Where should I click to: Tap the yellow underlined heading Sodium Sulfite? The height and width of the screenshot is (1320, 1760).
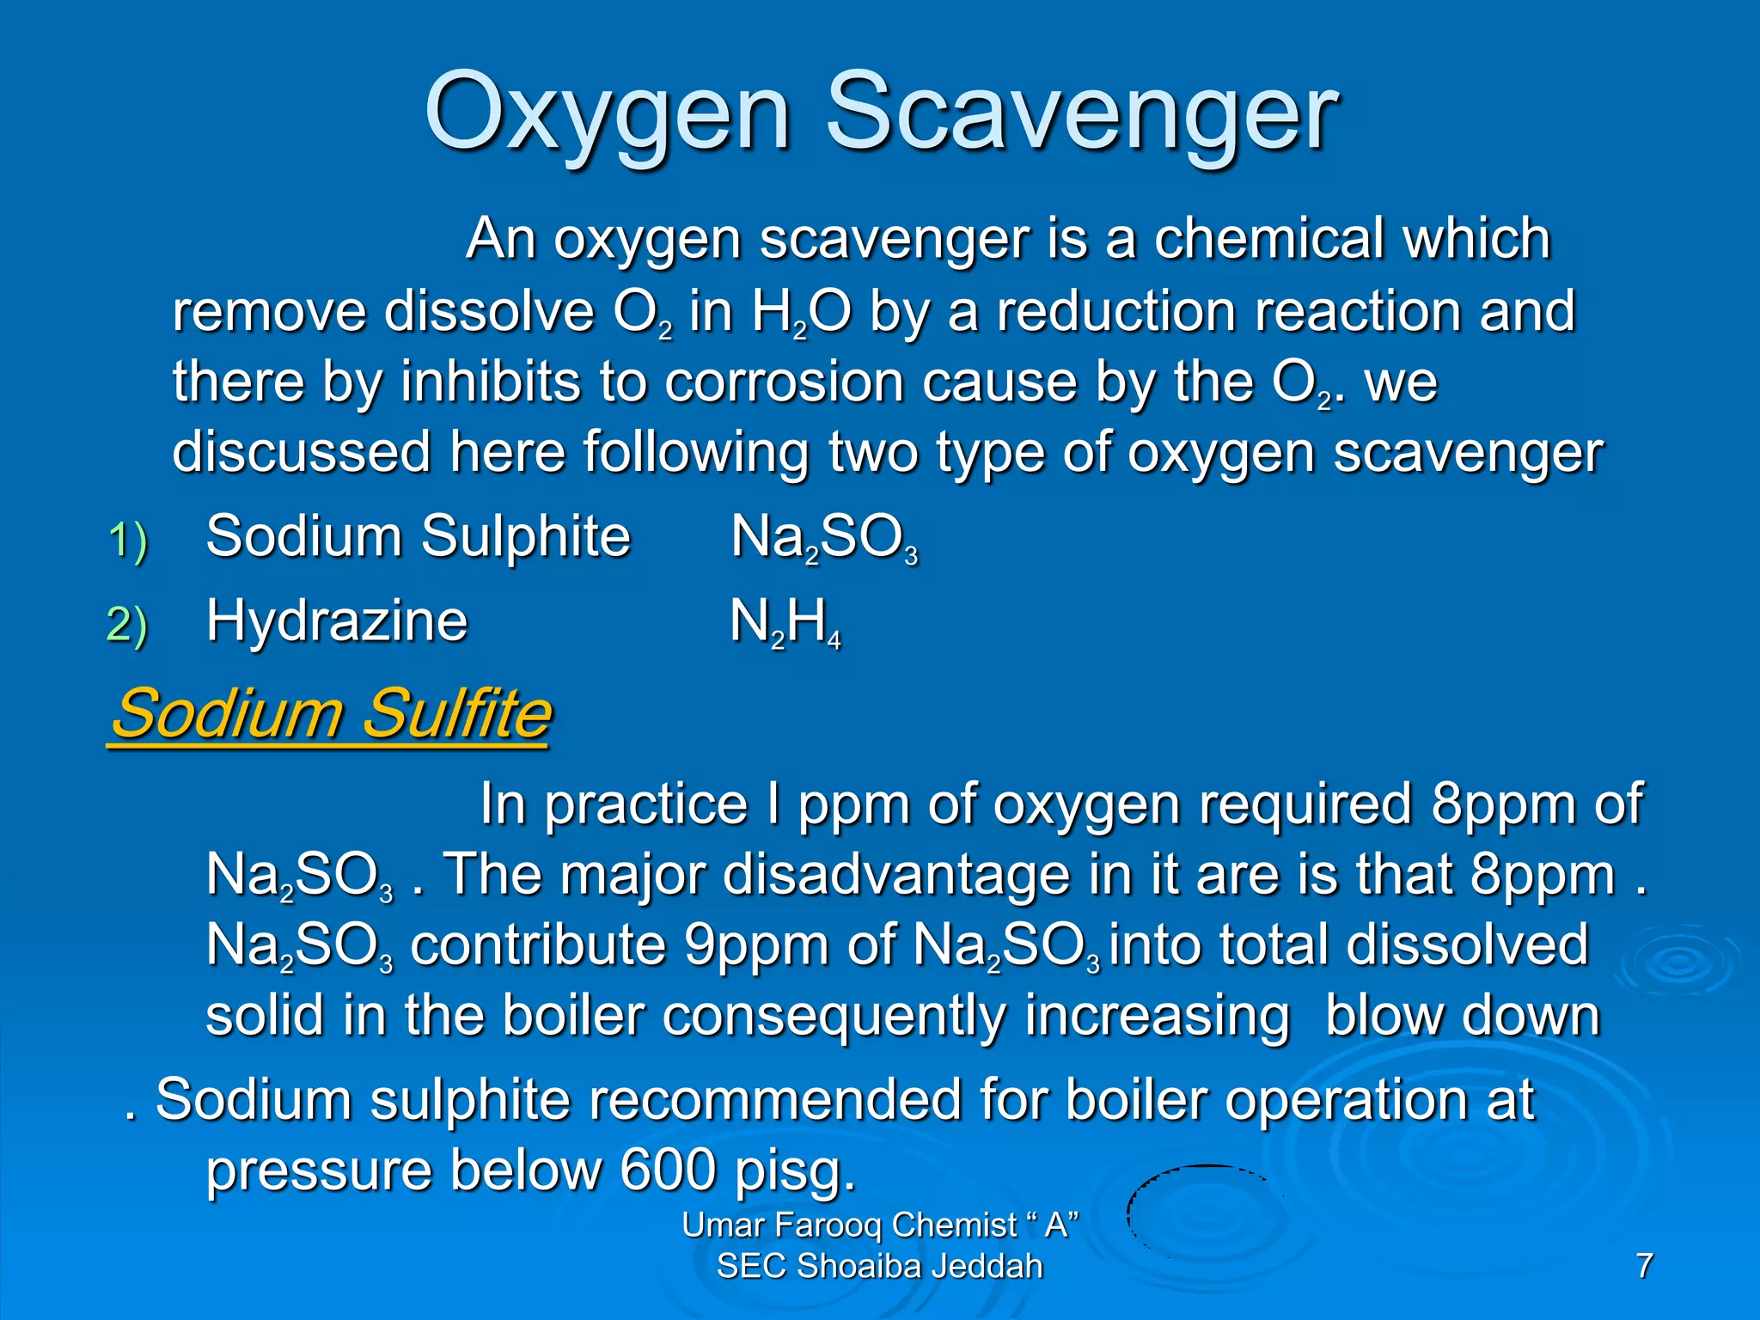(331, 713)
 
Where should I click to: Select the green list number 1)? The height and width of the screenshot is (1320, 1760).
(128, 541)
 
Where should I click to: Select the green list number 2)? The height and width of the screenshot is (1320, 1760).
(128, 624)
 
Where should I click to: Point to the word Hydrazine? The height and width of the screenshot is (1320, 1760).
(337, 620)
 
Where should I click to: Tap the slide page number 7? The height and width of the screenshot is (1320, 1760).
(1644, 1266)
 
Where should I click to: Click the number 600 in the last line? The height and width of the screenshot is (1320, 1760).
(668, 1170)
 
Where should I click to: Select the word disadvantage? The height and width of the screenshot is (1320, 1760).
(895, 875)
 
